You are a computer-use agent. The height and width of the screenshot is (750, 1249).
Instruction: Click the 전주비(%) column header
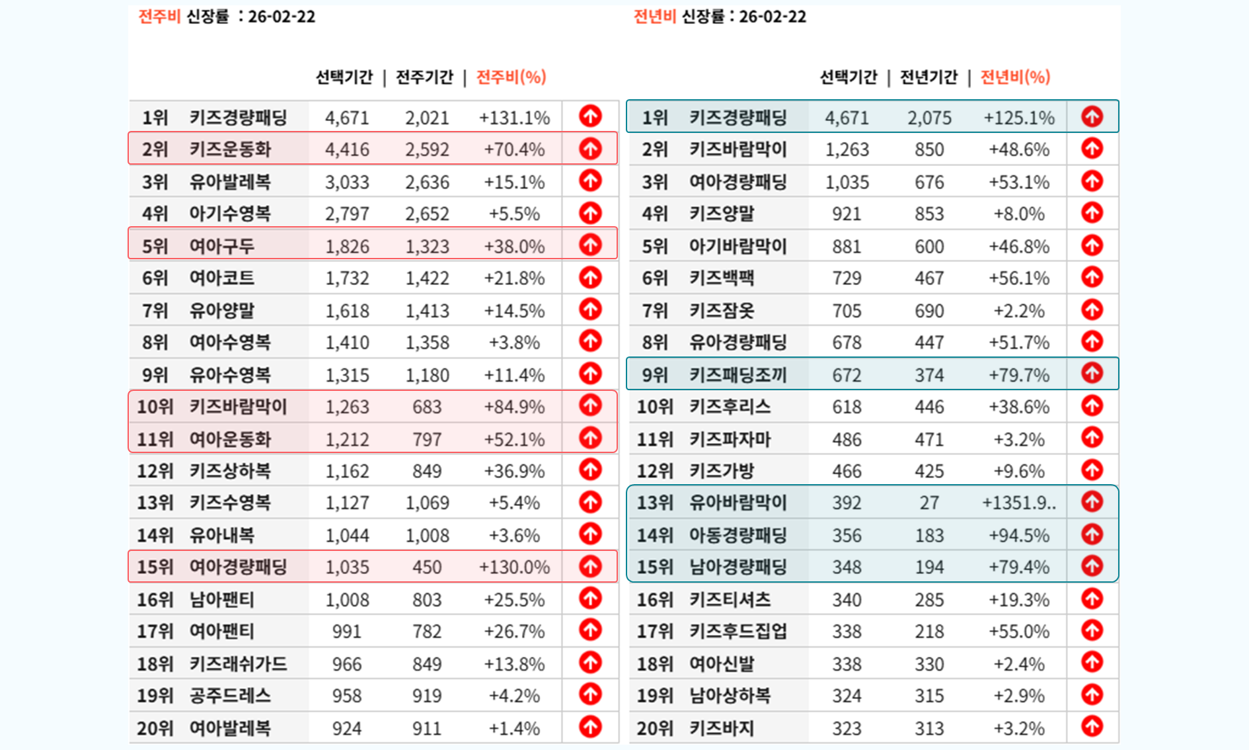(511, 77)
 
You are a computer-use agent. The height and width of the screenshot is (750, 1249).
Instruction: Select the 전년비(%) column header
(1015, 77)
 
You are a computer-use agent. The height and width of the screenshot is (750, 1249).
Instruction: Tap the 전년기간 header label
(928, 77)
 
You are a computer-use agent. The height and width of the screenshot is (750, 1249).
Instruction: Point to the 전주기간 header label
(424, 77)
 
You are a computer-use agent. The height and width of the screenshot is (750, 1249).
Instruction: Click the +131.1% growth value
(514, 118)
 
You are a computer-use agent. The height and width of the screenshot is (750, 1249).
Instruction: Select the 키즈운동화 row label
(230, 149)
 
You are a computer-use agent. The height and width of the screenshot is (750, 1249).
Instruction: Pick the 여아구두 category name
(221, 246)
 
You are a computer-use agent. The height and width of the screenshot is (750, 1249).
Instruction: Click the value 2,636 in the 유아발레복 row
(427, 182)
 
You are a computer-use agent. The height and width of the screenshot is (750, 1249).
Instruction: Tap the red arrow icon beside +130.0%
(590, 566)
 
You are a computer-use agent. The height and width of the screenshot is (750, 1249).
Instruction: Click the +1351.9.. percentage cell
(1018, 503)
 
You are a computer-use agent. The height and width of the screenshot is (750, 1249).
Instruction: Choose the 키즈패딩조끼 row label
(738, 375)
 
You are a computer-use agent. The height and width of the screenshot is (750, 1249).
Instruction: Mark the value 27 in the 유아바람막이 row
(929, 503)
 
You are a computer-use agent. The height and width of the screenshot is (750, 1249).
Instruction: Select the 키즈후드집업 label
(738, 631)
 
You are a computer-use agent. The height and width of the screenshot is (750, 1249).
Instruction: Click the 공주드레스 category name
(230, 696)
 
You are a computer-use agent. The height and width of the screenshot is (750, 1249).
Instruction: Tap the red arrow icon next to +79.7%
(1092, 374)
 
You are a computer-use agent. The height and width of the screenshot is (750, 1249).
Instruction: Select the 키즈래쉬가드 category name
(238, 663)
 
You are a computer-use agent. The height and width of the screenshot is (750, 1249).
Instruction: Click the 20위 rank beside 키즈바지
(654, 728)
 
